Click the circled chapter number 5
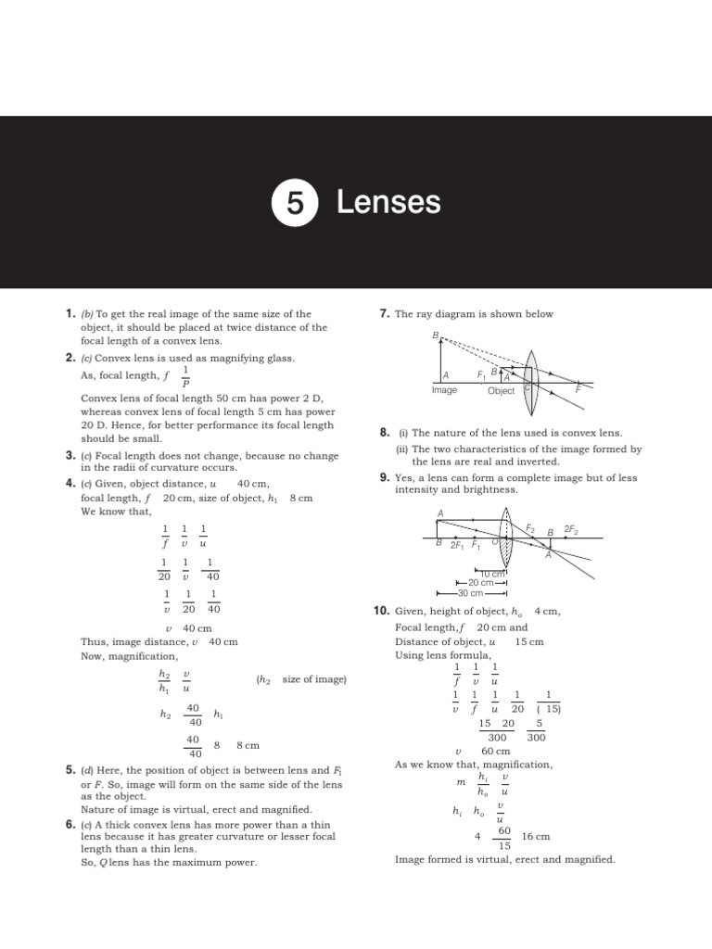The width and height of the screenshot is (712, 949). click(x=295, y=203)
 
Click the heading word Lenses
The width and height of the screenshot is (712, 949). click(x=388, y=202)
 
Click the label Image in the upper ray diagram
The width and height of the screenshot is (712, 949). click(x=445, y=390)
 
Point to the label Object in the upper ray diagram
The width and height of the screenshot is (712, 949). click(x=501, y=391)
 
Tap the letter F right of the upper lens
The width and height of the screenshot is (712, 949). click(x=578, y=390)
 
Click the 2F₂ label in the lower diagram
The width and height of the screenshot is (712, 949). click(x=571, y=530)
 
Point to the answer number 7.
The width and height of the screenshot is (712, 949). click(x=384, y=314)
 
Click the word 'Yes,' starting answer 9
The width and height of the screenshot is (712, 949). click(x=404, y=477)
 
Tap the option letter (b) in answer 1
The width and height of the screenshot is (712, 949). click(x=87, y=314)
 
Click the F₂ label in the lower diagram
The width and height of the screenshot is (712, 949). click(x=530, y=527)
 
